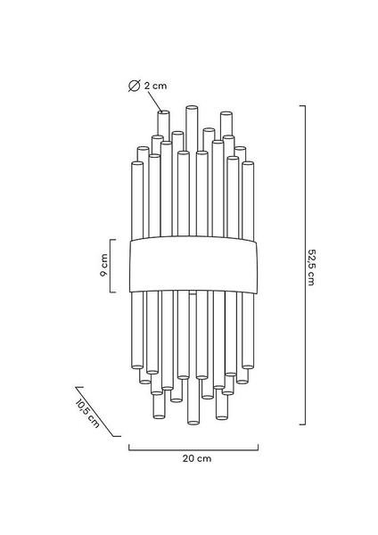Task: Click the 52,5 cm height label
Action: pos(311,267)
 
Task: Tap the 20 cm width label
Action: pos(197,458)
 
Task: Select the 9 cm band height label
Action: pos(104,265)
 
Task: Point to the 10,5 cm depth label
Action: pos(87,413)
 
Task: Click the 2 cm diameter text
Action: pos(155,86)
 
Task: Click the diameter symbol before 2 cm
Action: pos(134,86)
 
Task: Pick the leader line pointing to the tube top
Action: pos(155,102)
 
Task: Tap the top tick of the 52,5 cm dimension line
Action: pos(302,106)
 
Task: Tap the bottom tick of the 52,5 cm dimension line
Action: pos(302,424)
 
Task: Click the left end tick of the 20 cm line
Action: pos(129,447)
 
